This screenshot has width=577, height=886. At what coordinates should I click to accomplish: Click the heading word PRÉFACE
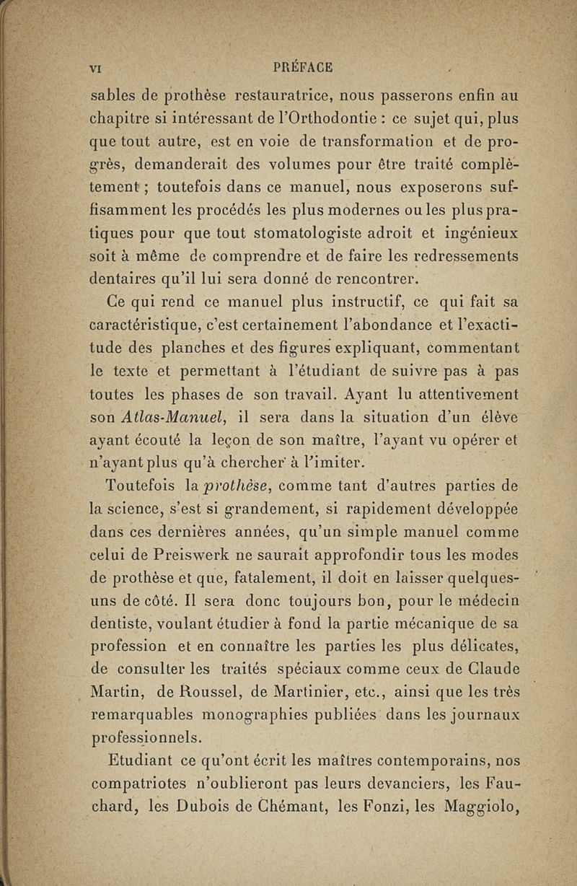click(x=304, y=68)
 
